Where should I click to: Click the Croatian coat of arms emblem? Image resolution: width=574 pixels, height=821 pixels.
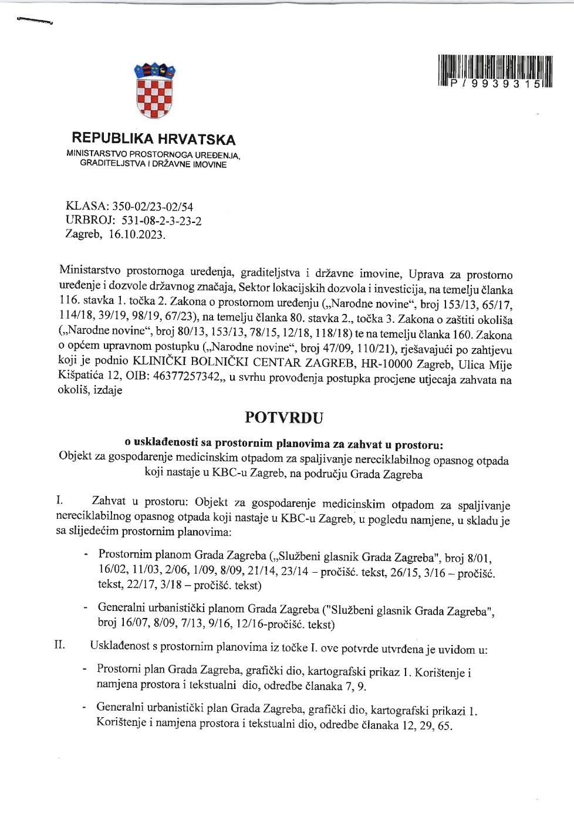[x=154, y=91]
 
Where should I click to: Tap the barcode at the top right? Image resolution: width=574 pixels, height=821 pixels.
[x=495, y=71]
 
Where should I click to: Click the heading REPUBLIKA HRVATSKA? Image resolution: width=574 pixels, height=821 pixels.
[x=153, y=139]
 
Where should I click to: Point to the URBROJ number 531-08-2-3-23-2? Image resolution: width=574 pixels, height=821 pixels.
[x=161, y=221]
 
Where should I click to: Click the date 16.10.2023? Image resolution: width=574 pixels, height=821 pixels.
[x=137, y=235]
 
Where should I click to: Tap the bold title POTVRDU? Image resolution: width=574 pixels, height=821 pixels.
[x=284, y=418]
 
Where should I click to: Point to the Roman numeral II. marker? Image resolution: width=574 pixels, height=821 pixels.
[x=59, y=645]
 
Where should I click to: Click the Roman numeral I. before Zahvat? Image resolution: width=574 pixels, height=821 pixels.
[x=59, y=500]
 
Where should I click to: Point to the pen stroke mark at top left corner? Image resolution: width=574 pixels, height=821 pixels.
[x=35, y=21]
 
